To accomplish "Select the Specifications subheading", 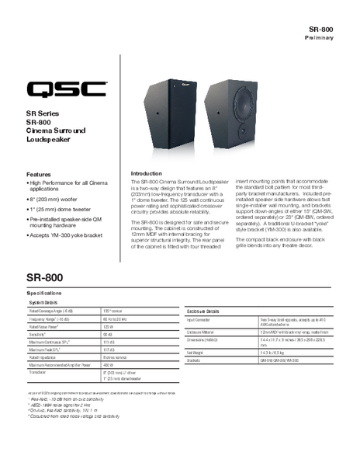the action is tap(49, 294).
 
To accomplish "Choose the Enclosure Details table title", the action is tap(203, 310).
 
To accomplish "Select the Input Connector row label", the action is tap(200, 319).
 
